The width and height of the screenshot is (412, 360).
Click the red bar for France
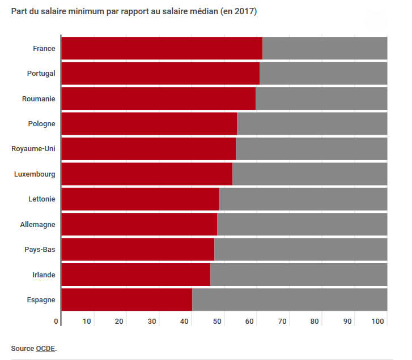point(162,48)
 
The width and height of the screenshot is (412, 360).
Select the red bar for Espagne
point(126,299)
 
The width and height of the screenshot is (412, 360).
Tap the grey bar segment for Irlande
point(299,275)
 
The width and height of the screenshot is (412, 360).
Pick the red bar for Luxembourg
point(147,174)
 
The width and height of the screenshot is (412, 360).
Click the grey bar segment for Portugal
point(323,73)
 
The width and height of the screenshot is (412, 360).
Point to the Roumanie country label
point(39,98)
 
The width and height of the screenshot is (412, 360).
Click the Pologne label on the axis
point(41,124)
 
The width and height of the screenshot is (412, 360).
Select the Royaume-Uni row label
point(33,149)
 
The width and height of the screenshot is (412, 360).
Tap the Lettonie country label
point(42,199)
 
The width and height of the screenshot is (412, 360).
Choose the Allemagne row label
point(38,224)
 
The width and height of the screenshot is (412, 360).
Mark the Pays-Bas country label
point(40,250)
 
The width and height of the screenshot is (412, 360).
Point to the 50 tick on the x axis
point(217,322)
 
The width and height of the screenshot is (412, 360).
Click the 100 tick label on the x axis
point(378,322)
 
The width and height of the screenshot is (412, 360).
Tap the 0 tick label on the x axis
point(56,322)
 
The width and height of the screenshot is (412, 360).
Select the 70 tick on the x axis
point(282,322)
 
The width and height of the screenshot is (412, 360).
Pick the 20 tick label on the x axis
point(120,322)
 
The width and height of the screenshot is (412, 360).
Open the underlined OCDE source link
point(45,349)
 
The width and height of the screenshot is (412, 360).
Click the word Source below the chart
point(22,349)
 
